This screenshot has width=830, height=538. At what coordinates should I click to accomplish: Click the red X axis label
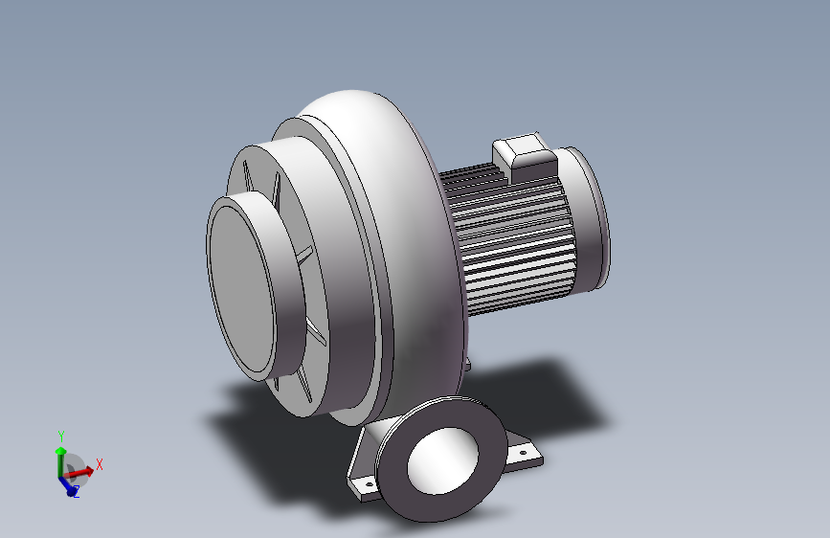click(99, 464)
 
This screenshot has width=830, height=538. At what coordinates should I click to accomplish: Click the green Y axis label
click(61, 437)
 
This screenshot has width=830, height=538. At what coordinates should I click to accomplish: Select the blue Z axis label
click(77, 492)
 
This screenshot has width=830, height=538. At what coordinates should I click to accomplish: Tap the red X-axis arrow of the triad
click(79, 471)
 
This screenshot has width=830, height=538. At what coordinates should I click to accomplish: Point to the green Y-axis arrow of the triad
click(60, 461)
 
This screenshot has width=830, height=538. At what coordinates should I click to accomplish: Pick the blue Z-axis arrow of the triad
click(67, 485)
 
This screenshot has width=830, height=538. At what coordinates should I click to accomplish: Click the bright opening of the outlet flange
click(442, 461)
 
